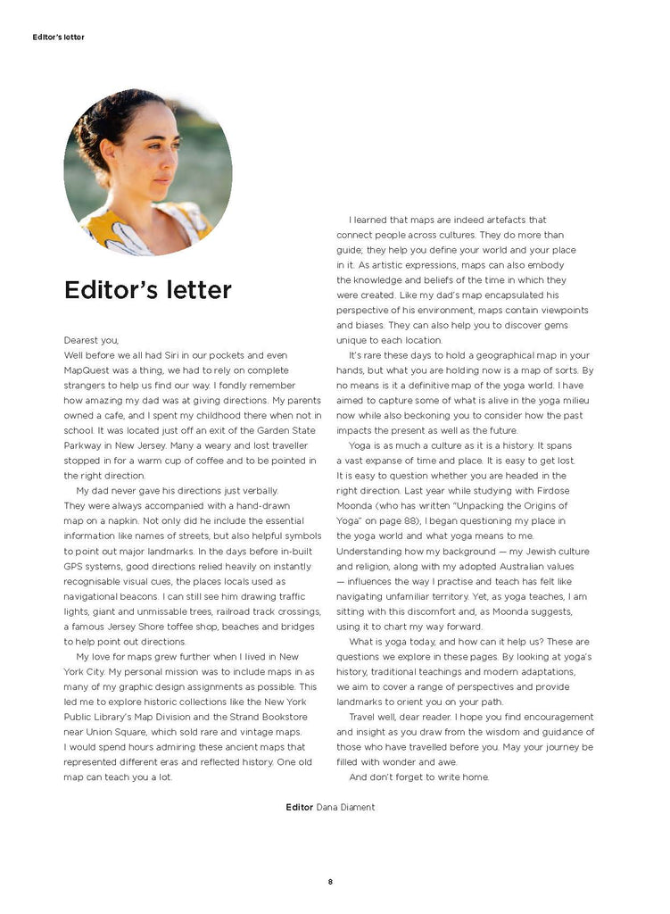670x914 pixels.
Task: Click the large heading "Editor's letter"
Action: [x=148, y=290]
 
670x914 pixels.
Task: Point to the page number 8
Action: [x=330, y=882]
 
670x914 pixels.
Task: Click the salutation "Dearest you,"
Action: [x=91, y=340]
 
